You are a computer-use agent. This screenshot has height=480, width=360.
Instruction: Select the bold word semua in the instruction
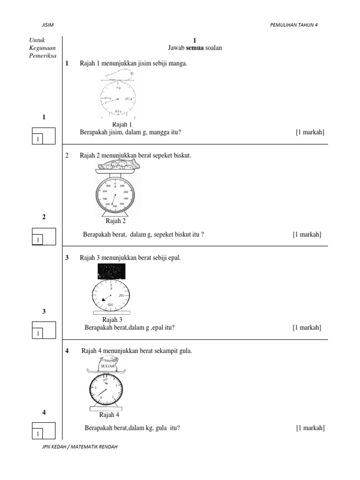click(x=195, y=48)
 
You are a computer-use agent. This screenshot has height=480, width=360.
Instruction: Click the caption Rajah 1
click(x=122, y=124)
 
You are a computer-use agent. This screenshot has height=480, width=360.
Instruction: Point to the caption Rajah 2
click(x=116, y=221)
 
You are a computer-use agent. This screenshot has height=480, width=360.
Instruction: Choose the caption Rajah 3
click(x=112, y=320)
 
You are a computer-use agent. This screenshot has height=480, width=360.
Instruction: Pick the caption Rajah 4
click(x=109, y=415)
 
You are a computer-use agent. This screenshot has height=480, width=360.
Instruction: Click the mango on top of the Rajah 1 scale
click(x=119, y=75)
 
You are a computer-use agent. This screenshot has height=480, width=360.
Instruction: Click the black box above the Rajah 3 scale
click(x=112, y=271)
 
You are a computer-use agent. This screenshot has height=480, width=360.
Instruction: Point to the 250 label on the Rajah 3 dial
click(x=121, y=295)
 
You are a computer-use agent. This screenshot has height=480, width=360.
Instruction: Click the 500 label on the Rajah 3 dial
click(x=111, y=305)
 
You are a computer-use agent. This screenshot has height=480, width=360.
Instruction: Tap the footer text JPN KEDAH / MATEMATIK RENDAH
click(x=80, y=447)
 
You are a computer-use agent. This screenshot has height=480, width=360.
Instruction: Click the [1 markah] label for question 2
click(x=307, y=234)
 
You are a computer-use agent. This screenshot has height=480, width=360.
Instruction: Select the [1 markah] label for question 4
click(x=310, y=427)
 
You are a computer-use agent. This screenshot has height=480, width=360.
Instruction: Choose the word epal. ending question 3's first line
click(x=173, y=258)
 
